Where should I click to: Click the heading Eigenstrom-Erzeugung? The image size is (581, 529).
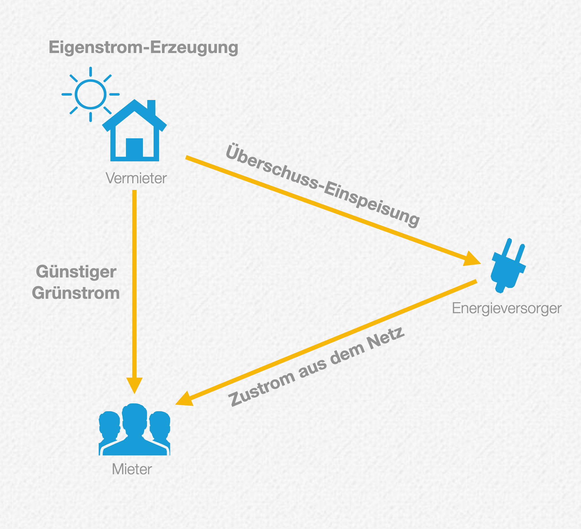point(143,48)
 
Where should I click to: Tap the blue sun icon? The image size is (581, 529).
point(90,94)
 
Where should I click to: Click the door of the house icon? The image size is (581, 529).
point(134,148)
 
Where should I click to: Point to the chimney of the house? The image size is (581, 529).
point(151,107)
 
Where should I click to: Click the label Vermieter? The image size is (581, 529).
point(136,178)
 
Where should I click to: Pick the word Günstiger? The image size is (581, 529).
point(76,272)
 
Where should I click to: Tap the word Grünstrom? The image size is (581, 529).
point(76,293)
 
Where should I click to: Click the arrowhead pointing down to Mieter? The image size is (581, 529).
point(134,385)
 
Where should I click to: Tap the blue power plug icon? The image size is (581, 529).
point(508,267)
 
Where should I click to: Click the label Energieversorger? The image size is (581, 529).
point(507,308)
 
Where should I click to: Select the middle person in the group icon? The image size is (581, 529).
point(134,429)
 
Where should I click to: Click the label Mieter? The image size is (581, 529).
point(132,469)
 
